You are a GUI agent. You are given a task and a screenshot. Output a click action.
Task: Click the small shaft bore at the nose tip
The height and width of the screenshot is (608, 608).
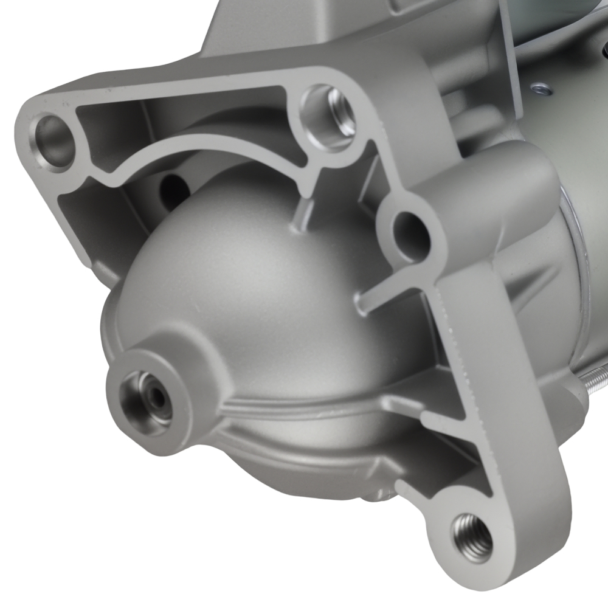tap(157, 398)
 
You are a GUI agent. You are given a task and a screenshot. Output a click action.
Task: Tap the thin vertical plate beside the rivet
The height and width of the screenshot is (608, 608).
tap(514, 55)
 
